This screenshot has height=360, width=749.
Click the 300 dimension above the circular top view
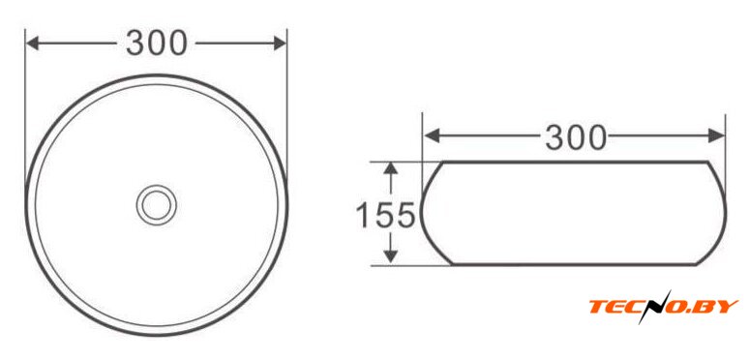click(156, 43)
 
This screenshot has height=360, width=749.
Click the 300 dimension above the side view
click(576, 137)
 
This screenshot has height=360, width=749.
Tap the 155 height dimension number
click(385, 215)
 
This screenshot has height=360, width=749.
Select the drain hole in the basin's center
click(156, 205)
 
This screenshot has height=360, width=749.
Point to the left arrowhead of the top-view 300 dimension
click(33, 44)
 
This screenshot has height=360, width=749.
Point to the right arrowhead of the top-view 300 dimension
click(280, 44)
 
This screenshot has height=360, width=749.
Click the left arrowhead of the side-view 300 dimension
click(432, 136)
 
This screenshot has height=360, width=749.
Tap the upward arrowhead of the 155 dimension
click(391, 169)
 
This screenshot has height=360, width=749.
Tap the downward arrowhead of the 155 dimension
click(391, 255)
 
